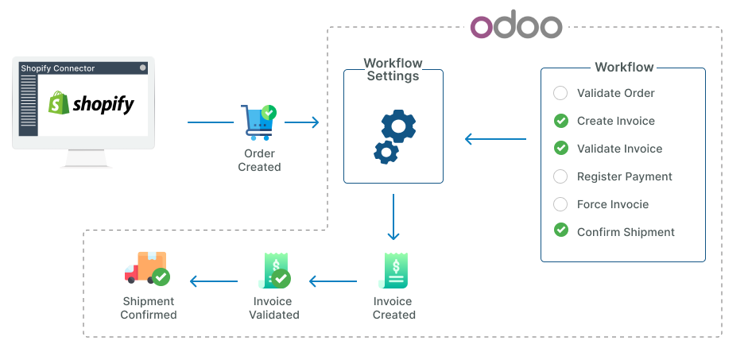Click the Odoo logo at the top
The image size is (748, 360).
coord(516,26)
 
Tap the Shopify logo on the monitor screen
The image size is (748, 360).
coord(91,103)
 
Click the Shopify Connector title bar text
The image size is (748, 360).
coord(58,68)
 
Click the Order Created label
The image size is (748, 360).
coord(259,161)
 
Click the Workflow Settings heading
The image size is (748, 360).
coord(393,70)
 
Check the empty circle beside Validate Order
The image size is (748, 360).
coord(560,93)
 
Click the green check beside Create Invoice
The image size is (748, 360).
coord(560,121)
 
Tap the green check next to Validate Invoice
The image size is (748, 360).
coord(560,149)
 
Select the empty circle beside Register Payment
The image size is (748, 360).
coord(560,176)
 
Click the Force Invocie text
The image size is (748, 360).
coord(612,204)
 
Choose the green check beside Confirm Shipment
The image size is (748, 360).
coord(560,231)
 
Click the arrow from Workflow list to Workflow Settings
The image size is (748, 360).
coord(495,139)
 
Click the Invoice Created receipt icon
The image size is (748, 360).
coord(393,271)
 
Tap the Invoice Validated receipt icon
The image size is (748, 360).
coord(274,271)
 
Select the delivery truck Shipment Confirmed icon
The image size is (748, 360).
coord(147,269)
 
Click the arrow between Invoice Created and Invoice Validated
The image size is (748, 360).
coord(333,281)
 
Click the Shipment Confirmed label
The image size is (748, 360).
coord(149,308)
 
